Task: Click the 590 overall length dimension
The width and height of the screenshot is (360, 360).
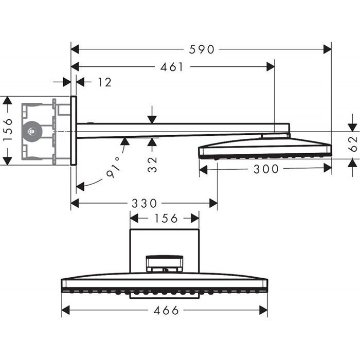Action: click(x=201, y=49)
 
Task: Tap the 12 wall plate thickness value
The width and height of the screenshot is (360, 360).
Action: click(x=104, y=82)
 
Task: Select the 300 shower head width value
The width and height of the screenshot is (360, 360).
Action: click(x=266, y=169)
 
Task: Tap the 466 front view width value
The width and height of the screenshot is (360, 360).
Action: click(x=166, y=311)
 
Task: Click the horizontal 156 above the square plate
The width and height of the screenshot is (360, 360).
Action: click(x=165, y=218)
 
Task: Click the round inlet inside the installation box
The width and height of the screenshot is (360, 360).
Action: click(x=32, y=131)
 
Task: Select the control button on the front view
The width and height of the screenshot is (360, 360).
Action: click(x=164, y=263)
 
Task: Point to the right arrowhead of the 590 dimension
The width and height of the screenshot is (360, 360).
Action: click(x=327, y=49)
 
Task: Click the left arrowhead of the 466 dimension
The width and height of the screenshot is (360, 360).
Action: click(x=66, y=311)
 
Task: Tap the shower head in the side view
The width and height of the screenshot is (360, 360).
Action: click(x=265, y=148)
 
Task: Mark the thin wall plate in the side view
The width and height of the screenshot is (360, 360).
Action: click(x=74, y=131)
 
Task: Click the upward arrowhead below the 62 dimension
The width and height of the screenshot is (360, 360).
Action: click(x=352, y=164)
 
